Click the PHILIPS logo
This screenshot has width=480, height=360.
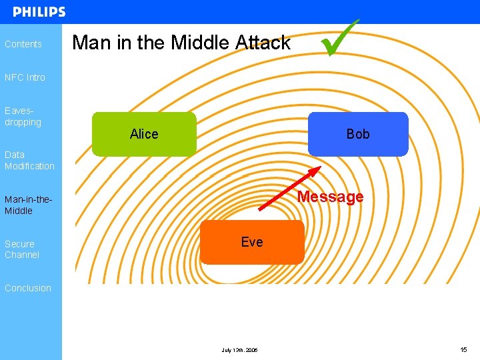[39, 12]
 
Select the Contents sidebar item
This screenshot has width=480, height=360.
[23, 44]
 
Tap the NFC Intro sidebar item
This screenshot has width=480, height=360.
[25, 77]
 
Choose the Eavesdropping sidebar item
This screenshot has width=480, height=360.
[23, 117]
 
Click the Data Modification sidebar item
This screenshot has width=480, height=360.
[29, 160]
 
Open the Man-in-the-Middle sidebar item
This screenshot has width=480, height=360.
[28, 205]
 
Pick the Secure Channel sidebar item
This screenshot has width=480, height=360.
[22, 249]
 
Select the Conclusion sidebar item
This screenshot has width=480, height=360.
[28, 288]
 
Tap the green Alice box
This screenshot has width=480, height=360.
[144, 134]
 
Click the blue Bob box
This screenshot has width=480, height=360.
[358, 134]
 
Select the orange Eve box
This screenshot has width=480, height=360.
[252, 242]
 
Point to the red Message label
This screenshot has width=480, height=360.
[330, 197]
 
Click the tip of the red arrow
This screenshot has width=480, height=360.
[320, 167]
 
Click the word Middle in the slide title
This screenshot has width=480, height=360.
[201, 43]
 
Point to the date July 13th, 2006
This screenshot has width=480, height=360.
[239, 350]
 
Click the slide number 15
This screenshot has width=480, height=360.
[463, 349]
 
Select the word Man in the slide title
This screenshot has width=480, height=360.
[91, 43]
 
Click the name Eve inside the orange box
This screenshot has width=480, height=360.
[252, 242]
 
